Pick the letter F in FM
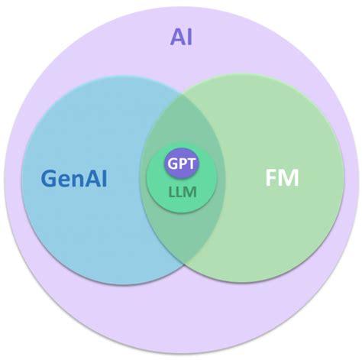point(271,180)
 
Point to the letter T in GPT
point(192,163)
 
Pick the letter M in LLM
point(191,193)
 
